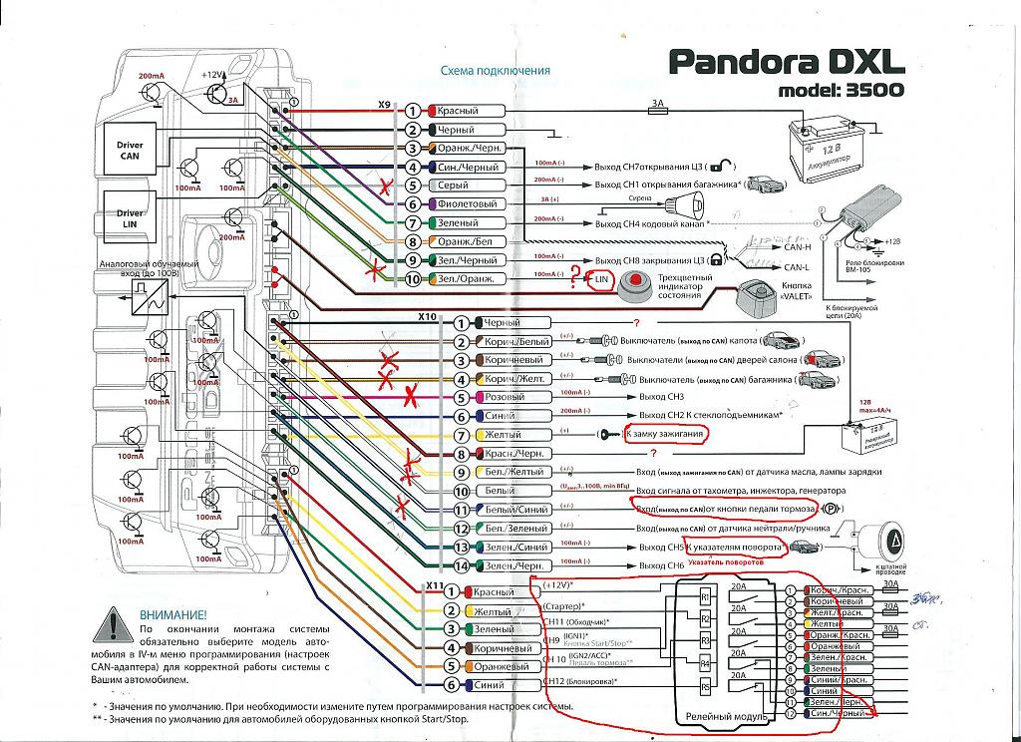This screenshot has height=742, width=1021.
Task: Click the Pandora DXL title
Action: (786, 62)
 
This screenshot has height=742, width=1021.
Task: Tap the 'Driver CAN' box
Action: (130, 151)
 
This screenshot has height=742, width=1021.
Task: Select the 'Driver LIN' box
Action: (130, 219)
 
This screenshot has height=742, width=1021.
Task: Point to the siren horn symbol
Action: (686, 205)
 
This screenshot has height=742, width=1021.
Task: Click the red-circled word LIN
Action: (600, 280)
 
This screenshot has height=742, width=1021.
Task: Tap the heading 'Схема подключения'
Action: (495, 71)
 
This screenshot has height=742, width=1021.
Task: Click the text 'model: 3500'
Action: (844, 91)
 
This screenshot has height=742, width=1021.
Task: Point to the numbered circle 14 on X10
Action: (461, 566)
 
